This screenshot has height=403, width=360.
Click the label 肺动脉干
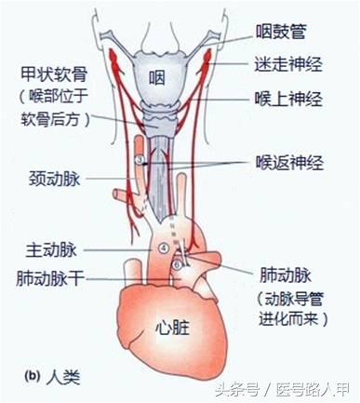coord(52,277)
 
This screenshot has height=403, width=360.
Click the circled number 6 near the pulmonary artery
coord(179,265)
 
